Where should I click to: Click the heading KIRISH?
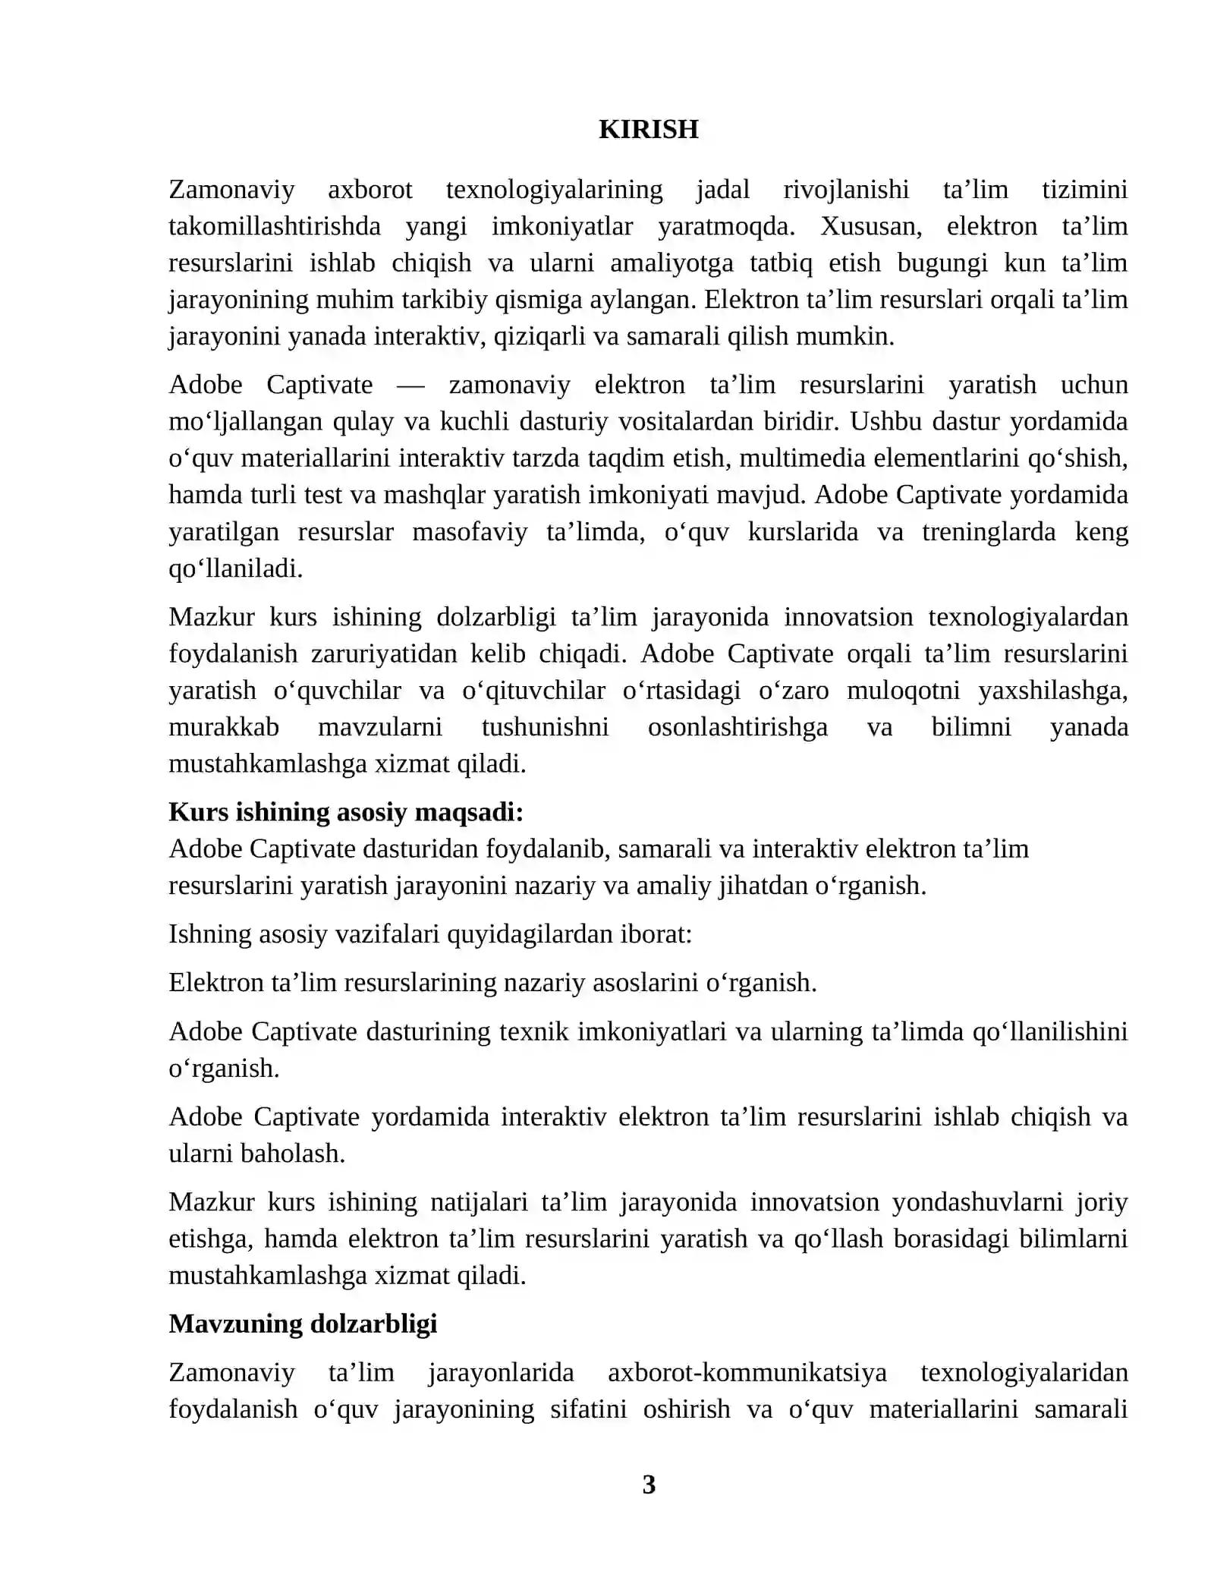pyautogui.click(x=648, y=129)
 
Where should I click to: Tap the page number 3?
pyautogui.click(x=649, y=1484)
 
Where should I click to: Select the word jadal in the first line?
pyautogui.click(x=722, y=189)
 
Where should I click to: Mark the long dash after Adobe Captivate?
pyautogui.click(x=410, y=385)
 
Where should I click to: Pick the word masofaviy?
pyautogui.click(x=470, y=531)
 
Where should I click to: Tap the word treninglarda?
pyautogui.click(x=988, y=531)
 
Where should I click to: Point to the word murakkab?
pyautogui.click(x=224, y=727)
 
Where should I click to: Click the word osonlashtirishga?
pyautogui.click(x=738, y=727)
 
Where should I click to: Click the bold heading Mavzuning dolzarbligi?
pyautogui.click(x=303, y=1324)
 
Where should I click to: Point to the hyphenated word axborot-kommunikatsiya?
pyautogui.click(x=747, y=1372)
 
